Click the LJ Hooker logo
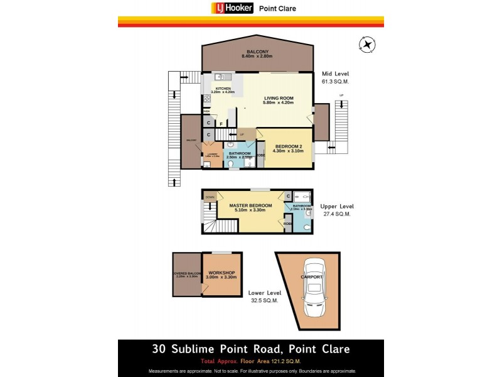(x=232, y=8)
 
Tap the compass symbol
(x=367, y=45)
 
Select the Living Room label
(x=279, y=98)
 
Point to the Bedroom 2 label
(x=289, y=147)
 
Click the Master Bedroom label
(x=250, y=206)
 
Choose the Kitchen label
(x=223, y=89)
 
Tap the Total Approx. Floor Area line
(x=250, y=361)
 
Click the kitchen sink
(x=220, y=77)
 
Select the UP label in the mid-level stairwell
(x=242, y=134)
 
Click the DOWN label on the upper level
(x=210, y=197)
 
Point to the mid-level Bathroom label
(x=239, y=153)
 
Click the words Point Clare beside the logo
(x=277, y=9)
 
